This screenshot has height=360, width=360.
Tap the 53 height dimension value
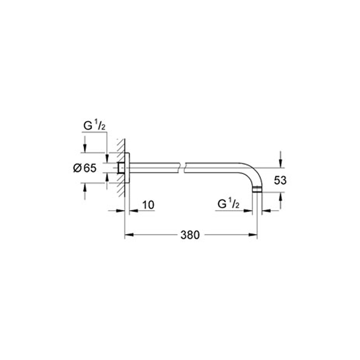(280, 180)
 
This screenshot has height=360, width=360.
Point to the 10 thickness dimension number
(148, 205)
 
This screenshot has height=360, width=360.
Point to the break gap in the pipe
(184, 167)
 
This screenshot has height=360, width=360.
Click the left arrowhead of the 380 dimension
(128, 234)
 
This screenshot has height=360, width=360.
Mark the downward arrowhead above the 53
(280, 163)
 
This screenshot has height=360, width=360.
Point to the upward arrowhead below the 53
(280, 196)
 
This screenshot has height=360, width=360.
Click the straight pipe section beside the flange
(153, 167)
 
